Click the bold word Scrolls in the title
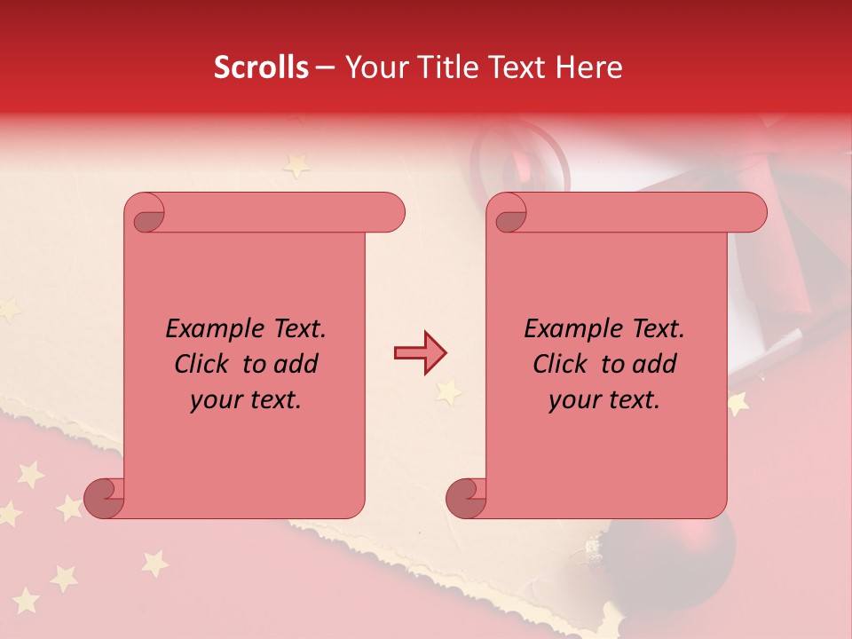point(261,67)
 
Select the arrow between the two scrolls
point(420,353)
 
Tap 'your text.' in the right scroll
point(604,400)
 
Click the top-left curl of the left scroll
point(146,215)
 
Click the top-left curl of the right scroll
point(509,215)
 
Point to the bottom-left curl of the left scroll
point(105,497)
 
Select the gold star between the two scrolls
point(448,390)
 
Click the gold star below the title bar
point(296,165)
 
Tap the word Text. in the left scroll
point(296,329)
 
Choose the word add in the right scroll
point(653,365)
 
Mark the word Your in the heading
point(375,67)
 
